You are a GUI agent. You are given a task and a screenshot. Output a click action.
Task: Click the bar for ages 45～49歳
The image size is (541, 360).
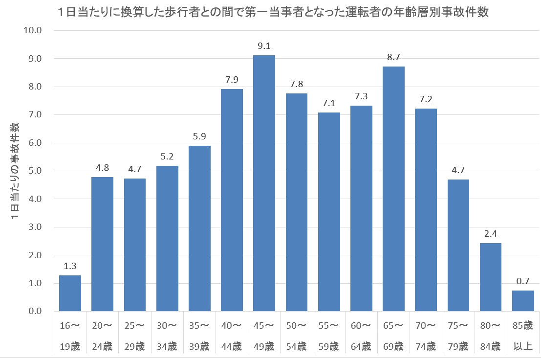[x=264, y=183]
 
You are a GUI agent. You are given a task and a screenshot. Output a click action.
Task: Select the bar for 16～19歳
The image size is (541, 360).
[x=70, y=293]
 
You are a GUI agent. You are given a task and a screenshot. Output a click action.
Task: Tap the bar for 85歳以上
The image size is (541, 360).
[x=523, y=301]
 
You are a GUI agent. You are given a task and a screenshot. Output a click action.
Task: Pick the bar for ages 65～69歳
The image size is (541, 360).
[x=393, y=189]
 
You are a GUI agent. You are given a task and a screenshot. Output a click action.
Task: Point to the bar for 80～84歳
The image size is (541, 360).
[x=490, y=277]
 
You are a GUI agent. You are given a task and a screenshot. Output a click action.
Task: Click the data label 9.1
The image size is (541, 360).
[x=264, y=46]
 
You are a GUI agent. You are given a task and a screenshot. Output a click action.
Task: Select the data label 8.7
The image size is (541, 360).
[x=393, y=58]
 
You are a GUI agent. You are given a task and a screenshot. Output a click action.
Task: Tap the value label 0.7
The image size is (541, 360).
[x=523, y=282]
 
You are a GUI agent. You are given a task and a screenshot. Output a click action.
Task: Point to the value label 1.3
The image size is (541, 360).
[x=70, y=267]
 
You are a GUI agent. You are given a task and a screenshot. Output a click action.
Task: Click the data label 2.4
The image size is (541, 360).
[x=490, y=234]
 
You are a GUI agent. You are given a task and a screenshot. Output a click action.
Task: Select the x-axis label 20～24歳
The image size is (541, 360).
[x=102, y=337]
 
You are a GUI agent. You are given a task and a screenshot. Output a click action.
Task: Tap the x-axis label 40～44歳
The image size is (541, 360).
[x=232, y=337]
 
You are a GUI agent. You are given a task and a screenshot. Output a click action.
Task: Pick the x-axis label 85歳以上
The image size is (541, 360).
[x=523, y=337]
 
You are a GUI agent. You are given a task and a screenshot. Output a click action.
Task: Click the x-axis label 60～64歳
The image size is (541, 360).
[x=361, y=337]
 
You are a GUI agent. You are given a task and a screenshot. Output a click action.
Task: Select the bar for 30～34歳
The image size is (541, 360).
[x=167, y=239]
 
